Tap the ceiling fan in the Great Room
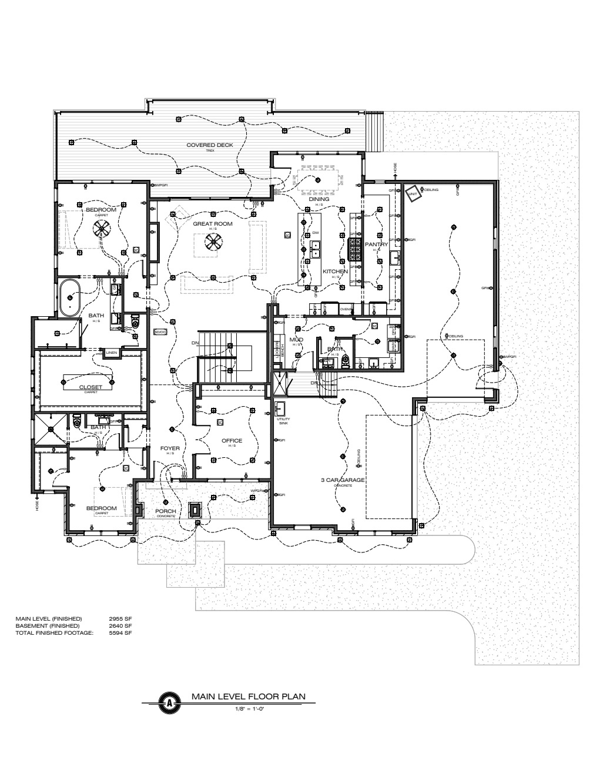click(213, 241)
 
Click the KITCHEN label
click(335, 272)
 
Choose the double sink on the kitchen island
click(316, 254)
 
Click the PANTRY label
click(376, 244)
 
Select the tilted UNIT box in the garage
click(414, 193)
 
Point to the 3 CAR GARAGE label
click(343, 480)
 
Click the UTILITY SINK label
click(283, 420)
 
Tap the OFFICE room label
click(232, 441)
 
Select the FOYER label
click(170, 448)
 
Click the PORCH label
click(166, 511)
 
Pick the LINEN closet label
click(111, 353)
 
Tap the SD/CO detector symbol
click(159, 332)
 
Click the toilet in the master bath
click(135, 321)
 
